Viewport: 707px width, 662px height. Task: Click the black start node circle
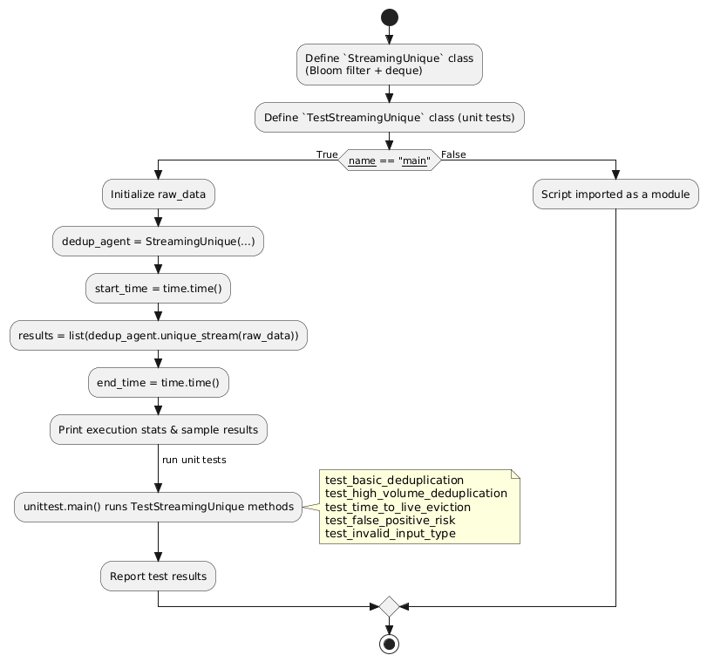pyautogui.click(x=389, y=17)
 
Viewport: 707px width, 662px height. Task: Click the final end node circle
pyautogui.click(x=389, y=645)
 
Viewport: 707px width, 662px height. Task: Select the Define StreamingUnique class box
pyautogui.click(x=389, y=65)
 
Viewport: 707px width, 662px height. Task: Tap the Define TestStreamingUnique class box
pyautogui.click(x=389, y=117)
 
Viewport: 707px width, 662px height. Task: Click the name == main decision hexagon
pyautogui.click(x=389, y=160)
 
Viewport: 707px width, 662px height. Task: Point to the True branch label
pyautogui.click(x=327, y=154)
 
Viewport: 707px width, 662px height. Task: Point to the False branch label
pyautogui.click(x=453, y=154)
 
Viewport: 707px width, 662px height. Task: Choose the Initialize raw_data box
pyautogui.click(x=158, y=195)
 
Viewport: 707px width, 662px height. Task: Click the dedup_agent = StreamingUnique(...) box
pyautogui.click(x=158, y=241)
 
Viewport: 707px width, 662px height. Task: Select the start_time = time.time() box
pyautogui.click(x=158, y=288)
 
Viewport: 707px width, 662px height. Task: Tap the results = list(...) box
pyautogui.click(x=158, y=335)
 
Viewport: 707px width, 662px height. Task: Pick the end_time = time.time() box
pyautogui.click(x=158, y=382)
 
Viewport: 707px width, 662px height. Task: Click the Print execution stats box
pyautogui.click(x=158, y=429)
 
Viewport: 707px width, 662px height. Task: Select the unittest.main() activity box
pyautogui.click(x=158, y=506)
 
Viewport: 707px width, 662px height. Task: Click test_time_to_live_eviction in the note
pyautogui.click(x=398, y=507)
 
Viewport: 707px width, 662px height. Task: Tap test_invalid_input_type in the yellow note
pyautogui.click(x=390, y=533)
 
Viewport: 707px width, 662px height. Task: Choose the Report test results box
pyautogui.click(x=158, y=576)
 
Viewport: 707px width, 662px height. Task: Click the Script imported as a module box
pyautogui.click(x=615, y=195)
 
